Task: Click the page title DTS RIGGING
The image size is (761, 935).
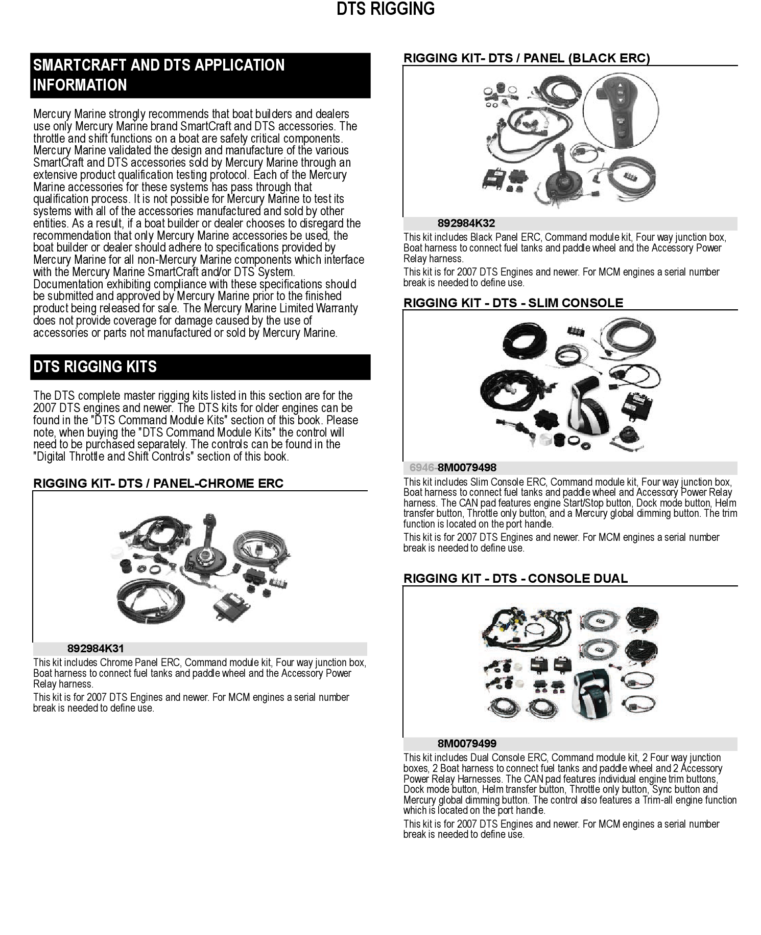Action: pos(386,9)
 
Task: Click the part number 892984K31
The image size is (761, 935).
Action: pos(96,649)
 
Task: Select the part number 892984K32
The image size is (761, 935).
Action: pos(466,223)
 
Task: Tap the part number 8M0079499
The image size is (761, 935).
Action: pos(467,744)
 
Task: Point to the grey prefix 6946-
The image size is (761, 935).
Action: pos(423,468)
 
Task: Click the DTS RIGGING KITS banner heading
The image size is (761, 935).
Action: pos(95,367)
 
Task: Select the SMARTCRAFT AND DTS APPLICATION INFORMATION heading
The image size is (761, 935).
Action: pos(158,75)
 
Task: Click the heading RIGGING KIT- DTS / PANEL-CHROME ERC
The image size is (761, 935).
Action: pos(158,484)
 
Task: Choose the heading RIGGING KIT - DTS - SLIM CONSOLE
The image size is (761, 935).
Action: pos(513,303)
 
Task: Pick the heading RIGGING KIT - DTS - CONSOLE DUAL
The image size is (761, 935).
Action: pos(515,579)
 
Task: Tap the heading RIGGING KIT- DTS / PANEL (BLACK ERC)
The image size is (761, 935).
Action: pos(527,58)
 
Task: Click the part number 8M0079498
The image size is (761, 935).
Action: pos(467,468)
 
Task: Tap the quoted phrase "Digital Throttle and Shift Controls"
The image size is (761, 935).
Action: pos(113,457)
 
